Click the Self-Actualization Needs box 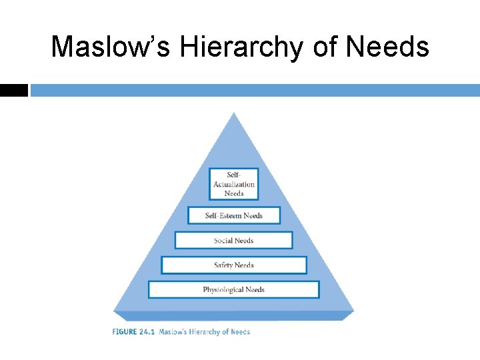(x=233, y=184)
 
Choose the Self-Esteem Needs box (x=233, y=215)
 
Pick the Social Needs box (x=233, y=241)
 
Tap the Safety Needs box (x=233, y=265)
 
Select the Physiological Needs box (x=233, y=290)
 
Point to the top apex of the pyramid (x=233, y=113)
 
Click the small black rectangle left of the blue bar (x=14, y=91)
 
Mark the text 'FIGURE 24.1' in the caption (x=133, y=331)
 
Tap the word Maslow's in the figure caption (x=173, y=331)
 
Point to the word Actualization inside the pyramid (x=234, y=185)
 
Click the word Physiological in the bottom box (x=223, y=290)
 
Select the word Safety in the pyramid (x=223, y=265)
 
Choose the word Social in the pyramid (x=224, y=241)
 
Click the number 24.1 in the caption (x=146, y=331)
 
